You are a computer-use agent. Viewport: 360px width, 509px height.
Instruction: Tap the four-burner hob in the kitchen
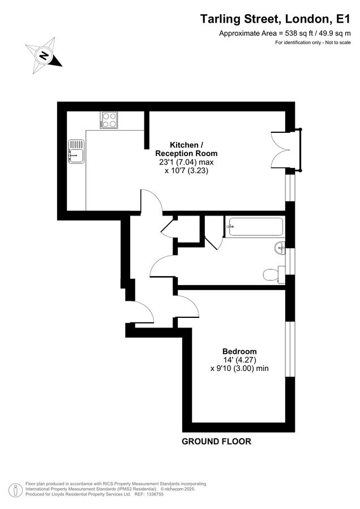[x=109, y=120]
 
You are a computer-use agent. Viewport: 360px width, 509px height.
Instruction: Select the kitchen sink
[x=76, y=150]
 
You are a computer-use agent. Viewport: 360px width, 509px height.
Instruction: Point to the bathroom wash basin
[x=280, y=248]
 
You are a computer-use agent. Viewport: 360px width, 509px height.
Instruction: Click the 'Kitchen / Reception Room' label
[x=186, y=149]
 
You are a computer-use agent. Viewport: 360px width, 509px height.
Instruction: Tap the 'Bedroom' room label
[x=239, y=351]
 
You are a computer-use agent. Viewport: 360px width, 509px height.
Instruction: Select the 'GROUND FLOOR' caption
[x=216, y=441]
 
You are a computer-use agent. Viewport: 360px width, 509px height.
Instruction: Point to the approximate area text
[x=281, y=33]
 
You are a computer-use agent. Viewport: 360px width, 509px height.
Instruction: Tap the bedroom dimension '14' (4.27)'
[x=239, y=360]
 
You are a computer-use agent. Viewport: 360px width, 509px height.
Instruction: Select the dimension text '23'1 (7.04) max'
[x=186, y=162]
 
